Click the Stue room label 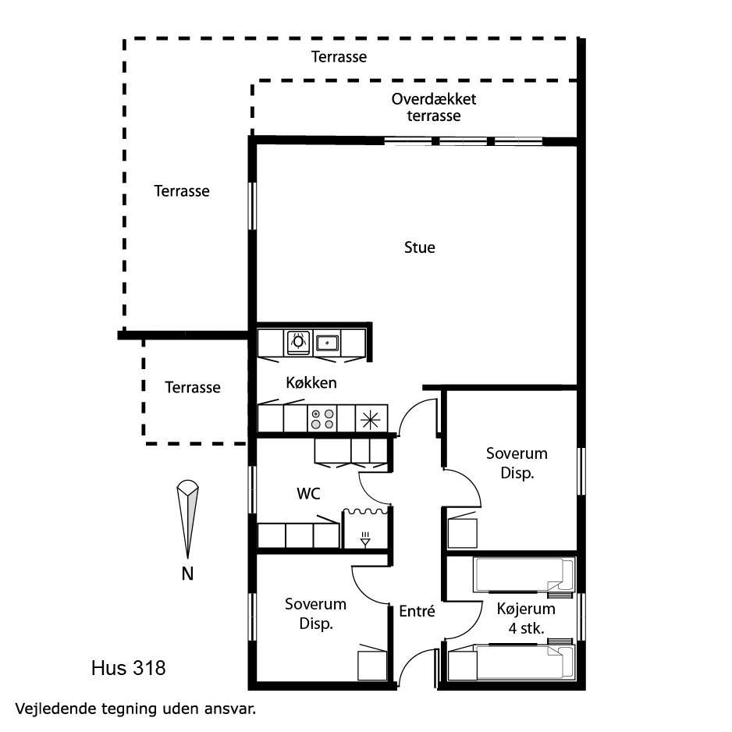click(x=419, y=247)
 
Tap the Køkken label click(x=311, y=383)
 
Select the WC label click(x=308, y=493)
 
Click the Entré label click(x=417, y=610)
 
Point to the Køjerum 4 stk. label click(x=526, y=618)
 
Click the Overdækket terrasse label click(x=434, y=107)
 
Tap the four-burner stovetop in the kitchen click(x=322, y=419)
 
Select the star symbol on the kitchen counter click(x=370, y=419)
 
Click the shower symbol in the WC click(x=365, y=539)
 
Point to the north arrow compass click(x=187, y=519)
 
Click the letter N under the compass click(x=187, y=574)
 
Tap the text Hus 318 click(x=129, y=668)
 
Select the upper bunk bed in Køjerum click(x=524, y=574)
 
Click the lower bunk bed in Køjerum click(x=524, y=662)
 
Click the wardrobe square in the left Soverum click(x=372, y=666)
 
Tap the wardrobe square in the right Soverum click(x=462, y=533)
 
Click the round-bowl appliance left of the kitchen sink click(x=298, y=343)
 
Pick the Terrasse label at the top click(x=339, y=57)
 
